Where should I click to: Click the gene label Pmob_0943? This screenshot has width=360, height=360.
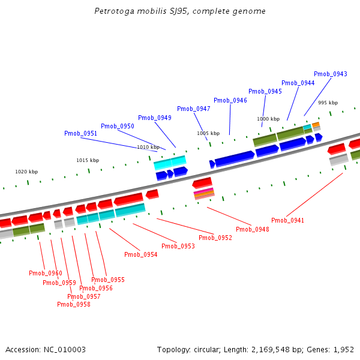pyautogui.click(x=330, y=74)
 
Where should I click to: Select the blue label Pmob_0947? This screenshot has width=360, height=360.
pyautogui.click(x=193, y=109)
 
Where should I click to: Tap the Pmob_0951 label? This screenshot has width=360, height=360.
pyautogui.click(x=80, y=133)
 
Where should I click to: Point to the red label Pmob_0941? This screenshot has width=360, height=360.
pyautogui.click(x=287, y=220)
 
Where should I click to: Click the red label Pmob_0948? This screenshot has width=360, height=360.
pyautogui.click(x=252, y=229)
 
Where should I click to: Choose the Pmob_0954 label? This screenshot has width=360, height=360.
pyautogui.click(x=140, y=254)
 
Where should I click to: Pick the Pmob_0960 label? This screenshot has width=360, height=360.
pyautogui.click(x=45, y=273)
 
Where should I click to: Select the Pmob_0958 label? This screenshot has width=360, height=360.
pyautogui.click(x=73, y=304)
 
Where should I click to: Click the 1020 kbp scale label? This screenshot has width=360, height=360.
pyautogui.click(x=26, y=172)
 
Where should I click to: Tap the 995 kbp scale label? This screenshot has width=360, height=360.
pyautogui.click(x=328, y=103)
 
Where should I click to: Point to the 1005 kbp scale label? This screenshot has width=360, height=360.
pyautogui.click(x=208, y=133)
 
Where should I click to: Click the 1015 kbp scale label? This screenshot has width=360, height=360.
pyautogui.click(x=87, y=160)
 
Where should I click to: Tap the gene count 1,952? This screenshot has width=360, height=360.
pyautogui.click(x=342, y=349)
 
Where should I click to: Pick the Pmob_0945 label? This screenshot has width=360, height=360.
pyautogui.click(x=265, y=91)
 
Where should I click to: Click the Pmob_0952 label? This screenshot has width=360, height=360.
pyautogui.click(x=215, y=238)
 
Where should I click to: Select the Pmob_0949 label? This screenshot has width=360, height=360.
pyautogui.click(x=154, y=118)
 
